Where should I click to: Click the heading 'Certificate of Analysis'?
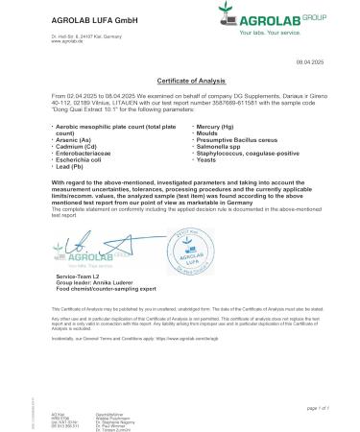(x=180, y=83)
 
